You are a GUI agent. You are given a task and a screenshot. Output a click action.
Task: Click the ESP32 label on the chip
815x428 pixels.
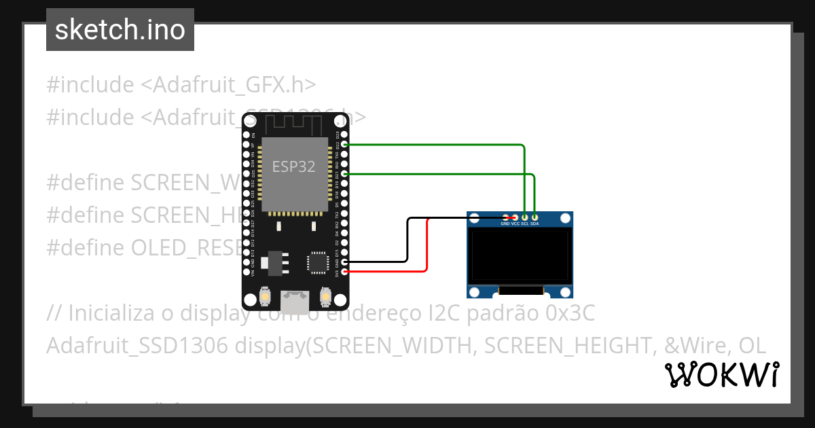tap(293, 166)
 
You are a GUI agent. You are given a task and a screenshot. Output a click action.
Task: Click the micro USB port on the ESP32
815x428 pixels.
tap(295, 299)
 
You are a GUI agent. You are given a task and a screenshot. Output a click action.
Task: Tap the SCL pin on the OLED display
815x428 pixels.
tap(524, 217)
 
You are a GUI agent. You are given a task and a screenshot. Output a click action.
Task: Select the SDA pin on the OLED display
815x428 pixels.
tap(535, 217)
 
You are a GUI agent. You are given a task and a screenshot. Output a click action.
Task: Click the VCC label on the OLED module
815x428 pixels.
tap(515, 224)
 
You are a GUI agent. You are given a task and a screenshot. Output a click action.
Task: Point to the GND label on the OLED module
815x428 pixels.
tap(505, 224)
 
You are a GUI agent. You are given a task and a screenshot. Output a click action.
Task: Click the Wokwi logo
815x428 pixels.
tap(721, 374)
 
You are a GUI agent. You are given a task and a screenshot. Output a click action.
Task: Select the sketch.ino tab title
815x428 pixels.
tap(120, 30)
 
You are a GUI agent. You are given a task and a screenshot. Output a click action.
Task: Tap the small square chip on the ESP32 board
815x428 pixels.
tap(318, 262)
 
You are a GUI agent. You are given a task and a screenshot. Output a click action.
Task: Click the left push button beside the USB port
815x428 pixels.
tap(265, 297)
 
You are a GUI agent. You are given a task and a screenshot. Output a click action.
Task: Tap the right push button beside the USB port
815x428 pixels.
tap(325, 297)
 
